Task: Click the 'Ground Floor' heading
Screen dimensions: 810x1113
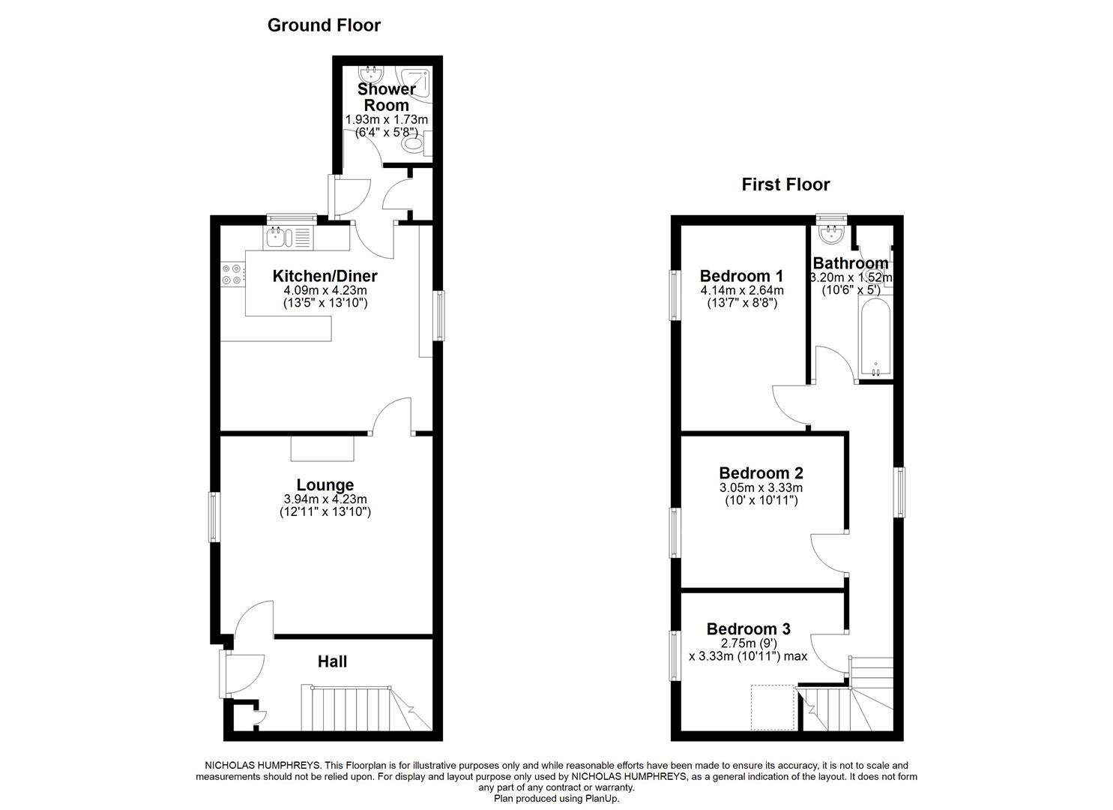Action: coord(324,25)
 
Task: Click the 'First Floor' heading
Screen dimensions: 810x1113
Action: coord(785,184)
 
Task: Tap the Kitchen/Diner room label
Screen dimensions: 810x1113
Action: coord(325,276)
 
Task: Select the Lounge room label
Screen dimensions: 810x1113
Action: coord(325,485)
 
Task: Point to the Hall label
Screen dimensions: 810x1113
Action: coord(332,661)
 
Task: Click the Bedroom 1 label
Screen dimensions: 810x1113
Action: coord(741,276)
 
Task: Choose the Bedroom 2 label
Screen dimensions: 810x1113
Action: coord(761,473)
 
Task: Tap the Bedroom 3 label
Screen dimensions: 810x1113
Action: coord(748,629)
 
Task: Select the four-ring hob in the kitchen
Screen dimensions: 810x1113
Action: coord(232,275)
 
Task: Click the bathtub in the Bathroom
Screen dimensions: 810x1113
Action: coord(875,338)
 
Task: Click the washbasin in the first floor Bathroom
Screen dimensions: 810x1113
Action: coord(831,234)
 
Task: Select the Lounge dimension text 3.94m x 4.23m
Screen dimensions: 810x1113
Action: coord(325,499)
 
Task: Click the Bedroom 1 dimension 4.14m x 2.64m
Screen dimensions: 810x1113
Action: coord(741,291)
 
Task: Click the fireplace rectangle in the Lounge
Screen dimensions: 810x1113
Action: coord(322,448)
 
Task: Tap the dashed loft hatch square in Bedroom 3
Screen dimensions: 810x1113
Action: coord(772,707)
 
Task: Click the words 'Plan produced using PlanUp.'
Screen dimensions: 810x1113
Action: coord(556,799)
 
